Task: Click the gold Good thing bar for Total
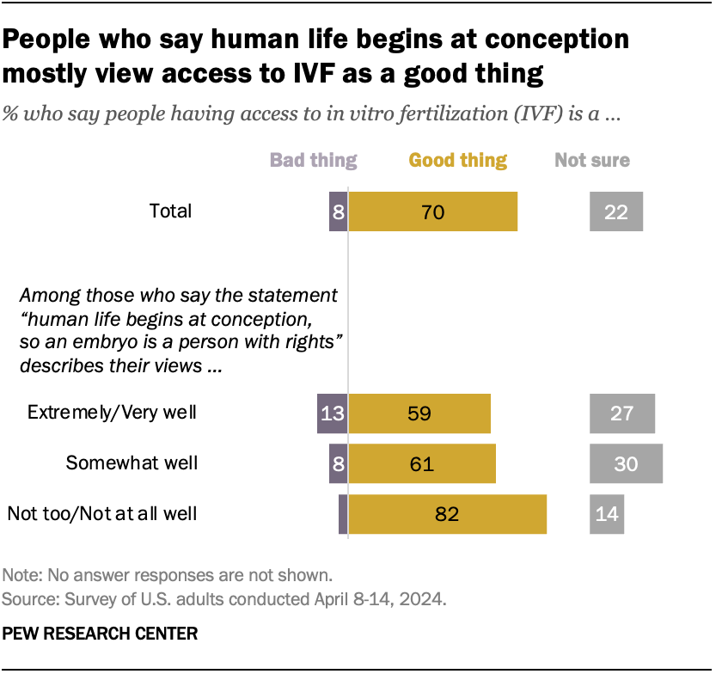click(432, 211)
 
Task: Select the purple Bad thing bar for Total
click(339, 211)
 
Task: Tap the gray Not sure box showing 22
click(615, 211)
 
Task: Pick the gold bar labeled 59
click(419, 414)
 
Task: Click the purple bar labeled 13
click(332, 414)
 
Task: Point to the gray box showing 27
click(621, 414)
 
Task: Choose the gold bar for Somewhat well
click(421, 464)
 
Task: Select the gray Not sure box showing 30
click(626, 464)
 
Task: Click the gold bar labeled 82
click(447, 514)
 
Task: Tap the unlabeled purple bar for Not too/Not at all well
click(343, 514)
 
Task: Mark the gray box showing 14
click(606, 514)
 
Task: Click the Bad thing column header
click(314, 160)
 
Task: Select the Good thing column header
click(458, 160)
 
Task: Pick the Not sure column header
click(592, 160)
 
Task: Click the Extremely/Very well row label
click(113, 413)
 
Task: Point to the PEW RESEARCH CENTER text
click(101, 634)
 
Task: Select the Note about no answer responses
click(168, 575)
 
